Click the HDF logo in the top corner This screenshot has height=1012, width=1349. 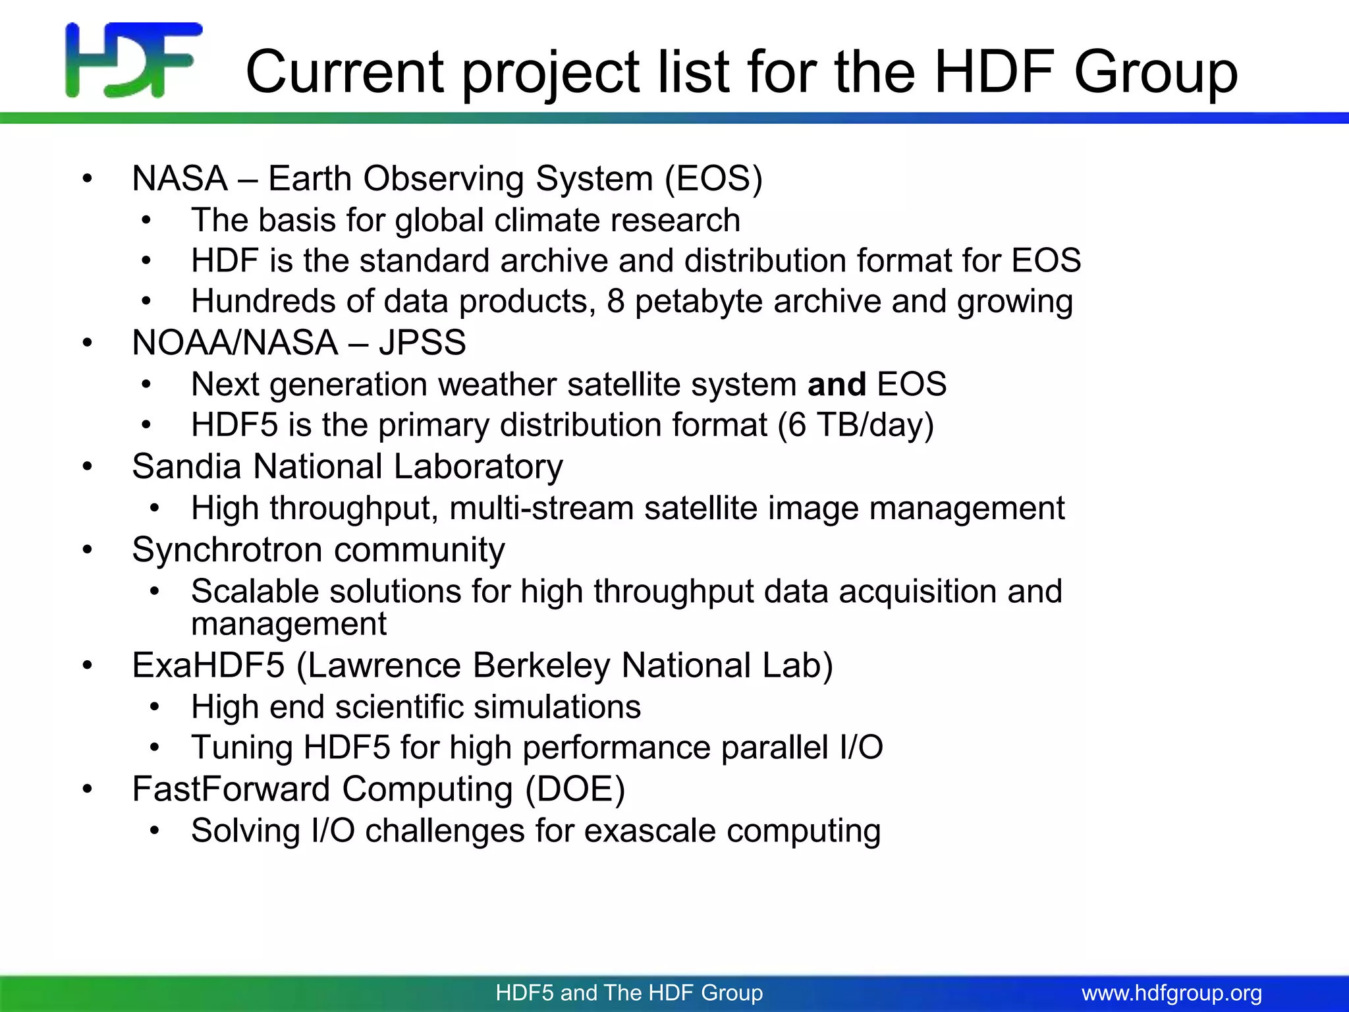pyautogui.click(x=134, y=61)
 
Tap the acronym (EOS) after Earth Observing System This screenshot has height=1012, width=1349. pyautogui.click(x=713, y=179)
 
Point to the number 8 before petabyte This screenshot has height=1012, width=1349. pyautogui.click(x=615, y=301)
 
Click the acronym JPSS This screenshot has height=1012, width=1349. pyautogui.click(x=422, y=343)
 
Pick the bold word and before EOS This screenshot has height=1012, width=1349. pyautogui.click(x=837, y=384)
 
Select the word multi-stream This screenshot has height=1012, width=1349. pyautogui.click(x=541, y=509)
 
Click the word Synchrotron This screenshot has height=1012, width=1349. pyautogui.click(x=230, y=550)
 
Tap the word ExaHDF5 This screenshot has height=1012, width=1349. pyautogui.click(x=208, y=665)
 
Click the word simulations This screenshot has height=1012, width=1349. pyautogui.click(x=557, y=707)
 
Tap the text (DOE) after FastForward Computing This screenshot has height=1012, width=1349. pyautogui.click(x=575, y=789)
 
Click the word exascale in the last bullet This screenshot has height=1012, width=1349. pyautogui.click(x=649, y=831)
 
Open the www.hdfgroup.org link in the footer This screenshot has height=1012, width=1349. pyautogui.click(x=1172, y=993)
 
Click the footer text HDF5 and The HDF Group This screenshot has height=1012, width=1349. pyautogui.click(x=629, y=993)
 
